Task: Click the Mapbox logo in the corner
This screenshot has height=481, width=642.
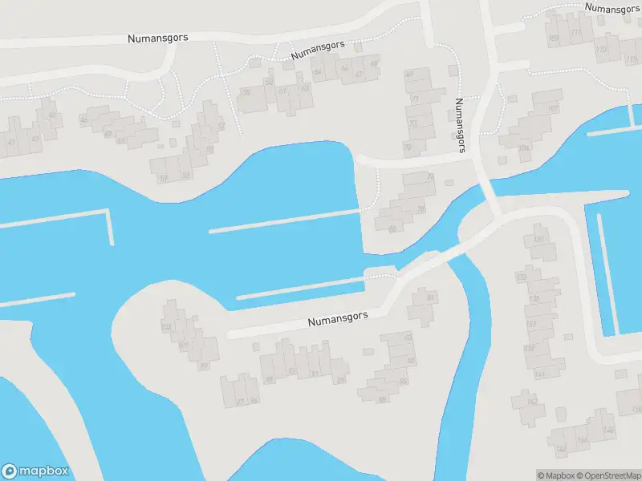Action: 35,471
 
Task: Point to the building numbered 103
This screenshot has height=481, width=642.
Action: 167,327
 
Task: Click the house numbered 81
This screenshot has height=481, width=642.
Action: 431,298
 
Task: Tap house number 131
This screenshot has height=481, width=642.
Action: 539,240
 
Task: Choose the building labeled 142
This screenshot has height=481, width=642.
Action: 530,402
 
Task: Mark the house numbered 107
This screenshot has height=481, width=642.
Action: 553,108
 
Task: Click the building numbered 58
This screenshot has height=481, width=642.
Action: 209,149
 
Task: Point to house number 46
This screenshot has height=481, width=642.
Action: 84,121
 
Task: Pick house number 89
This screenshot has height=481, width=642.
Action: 270,380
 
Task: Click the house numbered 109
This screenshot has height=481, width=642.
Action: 553,38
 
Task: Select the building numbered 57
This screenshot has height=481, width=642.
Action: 163,178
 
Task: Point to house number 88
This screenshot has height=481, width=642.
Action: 383,398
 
